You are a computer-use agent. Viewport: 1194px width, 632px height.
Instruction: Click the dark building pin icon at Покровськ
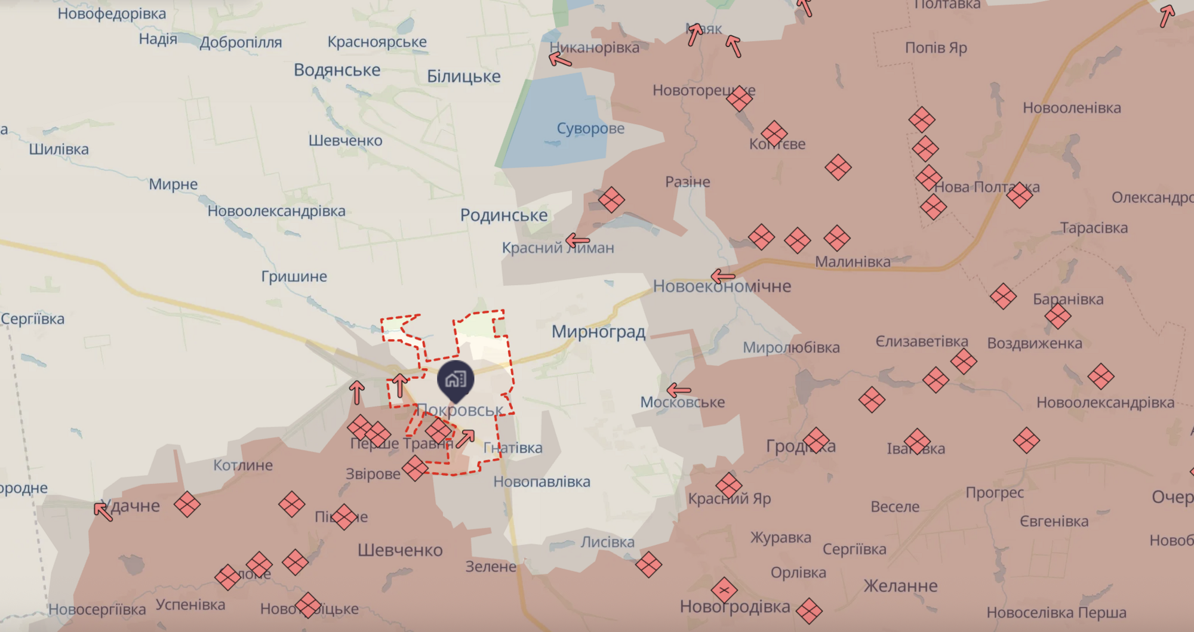(456, 380)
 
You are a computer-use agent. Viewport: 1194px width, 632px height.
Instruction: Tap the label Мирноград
(598, 332)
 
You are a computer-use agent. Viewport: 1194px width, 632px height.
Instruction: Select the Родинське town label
(503, 215)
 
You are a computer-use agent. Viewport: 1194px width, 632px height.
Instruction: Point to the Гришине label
(294, 276)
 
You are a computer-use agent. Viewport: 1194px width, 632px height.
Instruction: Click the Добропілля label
(241, 43)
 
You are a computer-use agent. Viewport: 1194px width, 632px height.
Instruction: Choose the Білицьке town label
(463, 76)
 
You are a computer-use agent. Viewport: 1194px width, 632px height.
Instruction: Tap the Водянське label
(337, 70)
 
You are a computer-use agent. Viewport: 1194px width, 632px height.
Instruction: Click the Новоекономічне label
(722, 286)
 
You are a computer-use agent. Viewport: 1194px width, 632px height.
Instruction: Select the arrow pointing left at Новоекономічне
(723, 276)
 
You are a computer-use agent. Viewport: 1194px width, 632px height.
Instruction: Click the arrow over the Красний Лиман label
(577, 241)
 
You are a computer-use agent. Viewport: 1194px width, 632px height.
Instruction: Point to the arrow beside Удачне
(103, 511)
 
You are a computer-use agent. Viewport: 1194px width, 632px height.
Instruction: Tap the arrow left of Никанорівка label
(560, 58)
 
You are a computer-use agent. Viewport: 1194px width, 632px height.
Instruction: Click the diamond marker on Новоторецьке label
(739, 98)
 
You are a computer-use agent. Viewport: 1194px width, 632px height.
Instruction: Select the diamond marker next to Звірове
(415, 468)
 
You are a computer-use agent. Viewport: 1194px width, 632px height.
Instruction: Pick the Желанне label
(900, 586)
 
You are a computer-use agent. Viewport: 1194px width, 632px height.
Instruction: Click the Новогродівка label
(734, 607)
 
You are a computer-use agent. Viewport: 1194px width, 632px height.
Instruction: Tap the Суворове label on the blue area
(590, 128)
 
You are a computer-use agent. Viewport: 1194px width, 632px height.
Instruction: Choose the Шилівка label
(59, 149)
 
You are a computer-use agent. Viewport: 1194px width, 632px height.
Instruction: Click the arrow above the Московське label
(678, 391)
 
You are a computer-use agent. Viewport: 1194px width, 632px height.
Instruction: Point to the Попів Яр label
(935, 48)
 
